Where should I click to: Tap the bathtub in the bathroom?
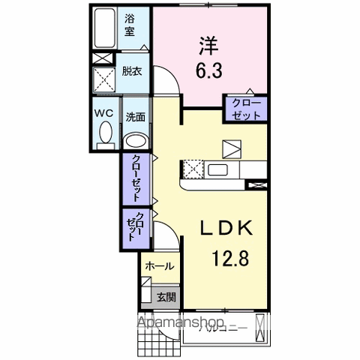pos(105,28)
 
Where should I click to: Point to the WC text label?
pos(103,112)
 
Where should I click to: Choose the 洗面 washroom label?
pos(135,117)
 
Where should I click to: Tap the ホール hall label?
pos(159,265)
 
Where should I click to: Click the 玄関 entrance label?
pos(166,295)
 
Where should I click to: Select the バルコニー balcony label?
pos(225,327)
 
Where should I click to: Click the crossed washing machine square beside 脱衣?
pos(103,79)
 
